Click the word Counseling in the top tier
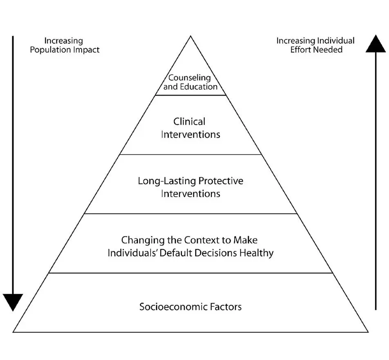point(190,78)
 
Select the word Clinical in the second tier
point(189,121)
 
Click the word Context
point(201,240)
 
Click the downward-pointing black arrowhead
point(13,302)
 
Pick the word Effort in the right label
point(302,50)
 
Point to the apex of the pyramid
point(190,37)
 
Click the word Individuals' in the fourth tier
point(132,253)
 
